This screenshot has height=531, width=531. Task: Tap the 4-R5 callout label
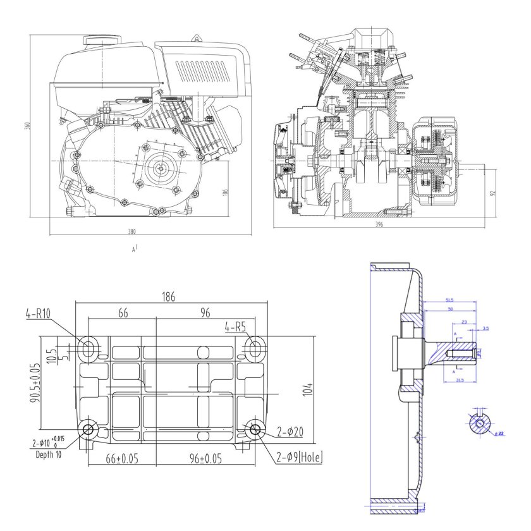pyautogui.click(x=236, y=327)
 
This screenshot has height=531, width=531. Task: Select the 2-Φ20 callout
pyautogui.click(x=291, y=432)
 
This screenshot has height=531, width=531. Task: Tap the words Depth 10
pyautogui.click(x=50, y=455)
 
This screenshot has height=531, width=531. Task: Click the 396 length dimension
pyautogui.click(x=379, y=225)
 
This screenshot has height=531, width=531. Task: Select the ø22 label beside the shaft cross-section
pyautogui.click(x=499, y=434)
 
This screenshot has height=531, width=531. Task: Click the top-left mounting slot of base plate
pyautogui.click(x=88, y=347)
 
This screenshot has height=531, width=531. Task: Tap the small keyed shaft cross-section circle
pyautogui.click(x=480, y=423)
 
